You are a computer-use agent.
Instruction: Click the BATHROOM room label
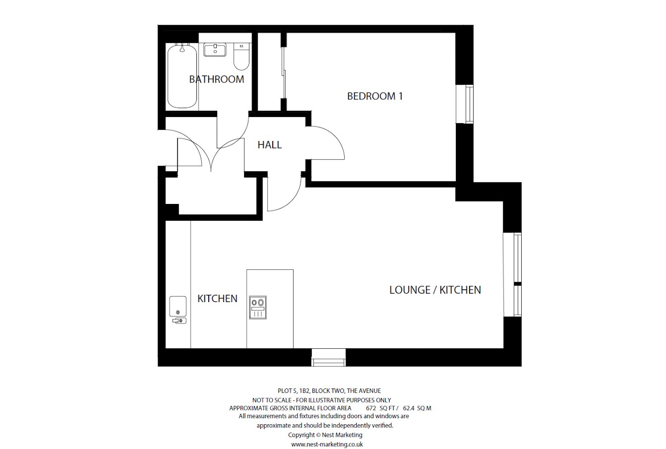click(216, 79)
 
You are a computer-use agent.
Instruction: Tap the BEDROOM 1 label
click(375, 96)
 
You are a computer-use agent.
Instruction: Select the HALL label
click(269, 145)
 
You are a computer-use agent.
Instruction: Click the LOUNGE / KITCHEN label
click(435, 290)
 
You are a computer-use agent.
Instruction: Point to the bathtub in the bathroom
click(182, 75)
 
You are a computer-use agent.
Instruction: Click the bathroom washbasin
click(215, 49)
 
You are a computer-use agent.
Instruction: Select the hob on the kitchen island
click(258, 307)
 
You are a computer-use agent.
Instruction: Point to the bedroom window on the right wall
click(469, 104)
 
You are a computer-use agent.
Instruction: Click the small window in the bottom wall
click(328, 357)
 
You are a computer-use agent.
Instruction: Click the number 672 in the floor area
click(371, 408)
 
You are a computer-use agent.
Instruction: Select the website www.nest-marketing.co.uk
click(327, 445)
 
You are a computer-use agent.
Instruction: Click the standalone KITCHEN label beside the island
click(217, 299)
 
